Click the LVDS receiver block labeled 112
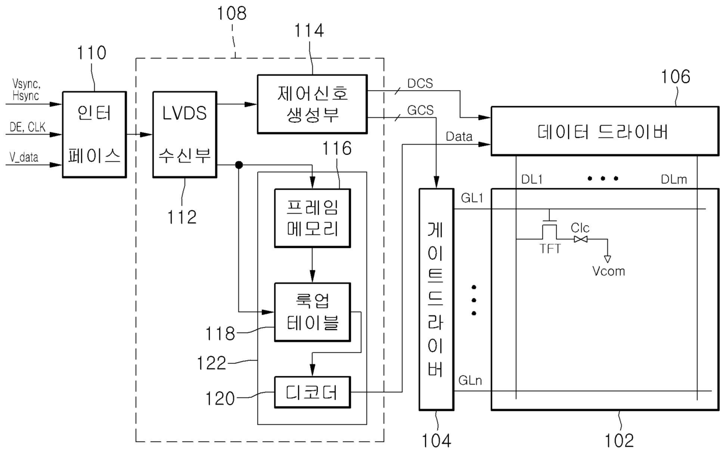185,134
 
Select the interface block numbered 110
94,134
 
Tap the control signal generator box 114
312,104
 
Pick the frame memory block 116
312,218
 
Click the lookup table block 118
312,312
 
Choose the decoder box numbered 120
312,392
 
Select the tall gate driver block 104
436,299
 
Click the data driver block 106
605,131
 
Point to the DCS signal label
420,83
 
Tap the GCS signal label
420,110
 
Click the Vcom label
608,271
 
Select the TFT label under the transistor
550,249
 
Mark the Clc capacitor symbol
581,239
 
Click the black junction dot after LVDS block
239,165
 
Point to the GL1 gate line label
472,197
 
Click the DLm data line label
673,179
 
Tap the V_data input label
23,157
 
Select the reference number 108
231,13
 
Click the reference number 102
619,440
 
